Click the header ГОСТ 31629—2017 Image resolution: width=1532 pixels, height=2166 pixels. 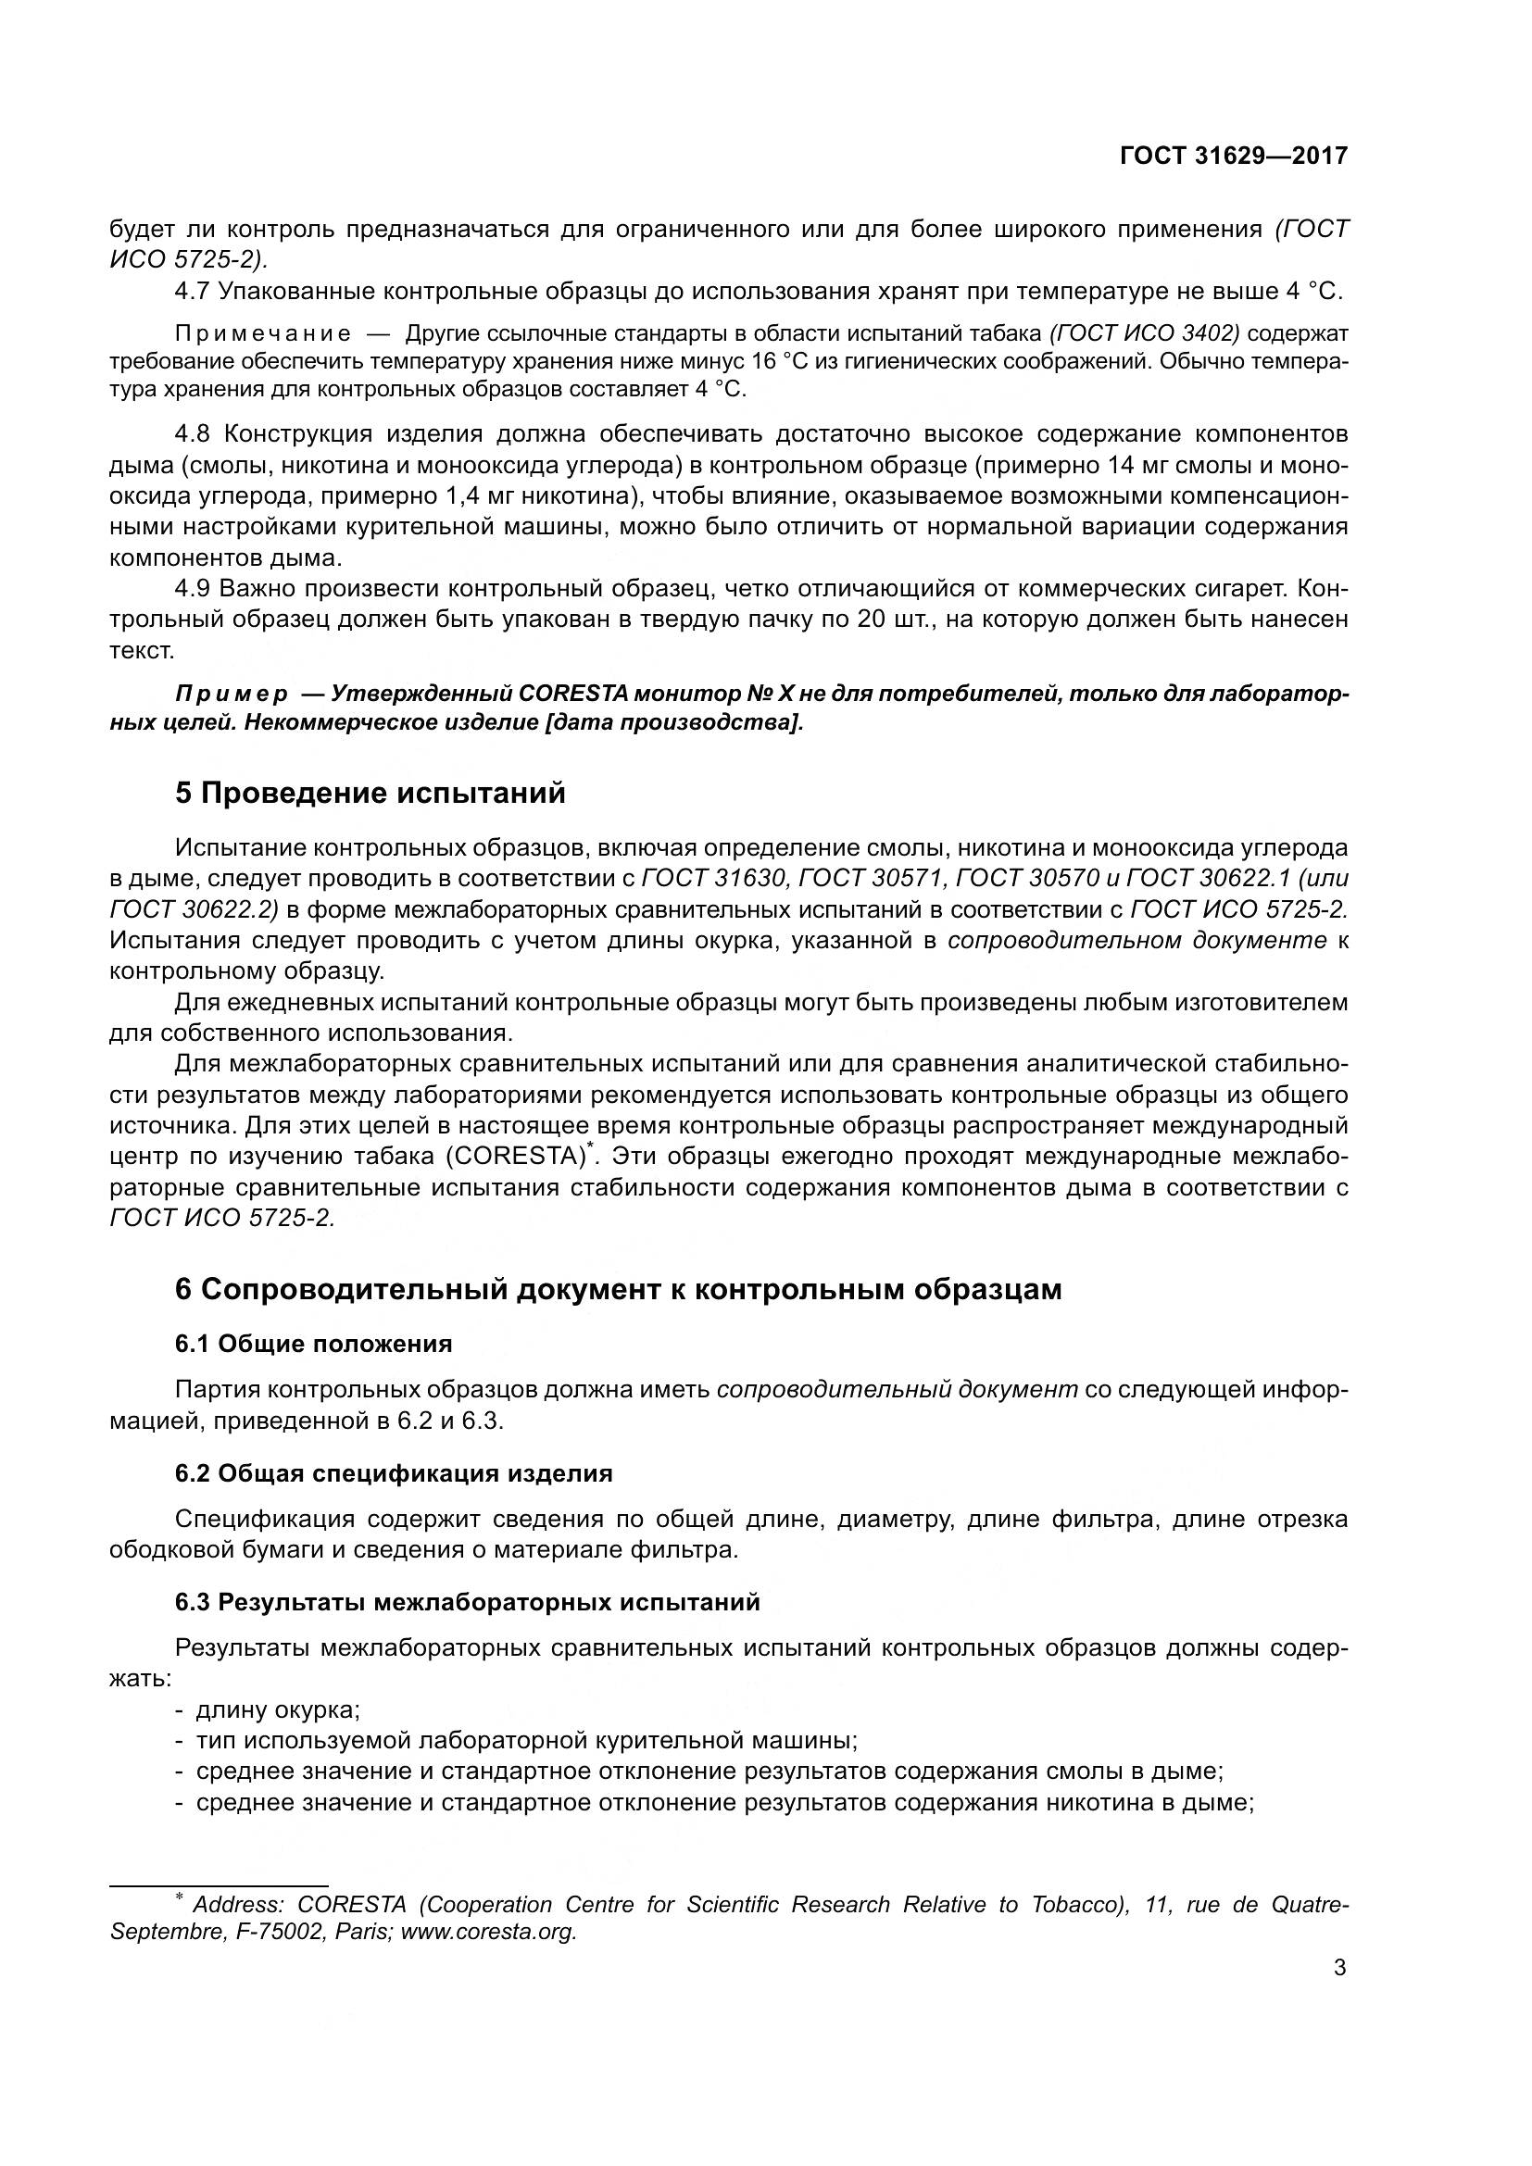(1233, 156)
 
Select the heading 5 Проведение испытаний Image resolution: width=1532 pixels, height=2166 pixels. (370, 794)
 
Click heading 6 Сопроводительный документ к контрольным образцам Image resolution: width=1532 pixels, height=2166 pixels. (618, 1289)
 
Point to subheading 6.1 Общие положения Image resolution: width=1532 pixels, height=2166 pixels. (313, 1344)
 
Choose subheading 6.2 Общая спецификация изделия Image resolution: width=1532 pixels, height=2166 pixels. (394, 1473)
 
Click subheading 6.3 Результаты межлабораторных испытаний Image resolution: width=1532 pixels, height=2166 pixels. (467, 1603)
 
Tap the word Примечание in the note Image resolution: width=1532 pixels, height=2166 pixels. (263, 334)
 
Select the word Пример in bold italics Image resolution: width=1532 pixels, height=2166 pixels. (232, 694)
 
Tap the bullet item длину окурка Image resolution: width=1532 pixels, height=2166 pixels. (277, 1709)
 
